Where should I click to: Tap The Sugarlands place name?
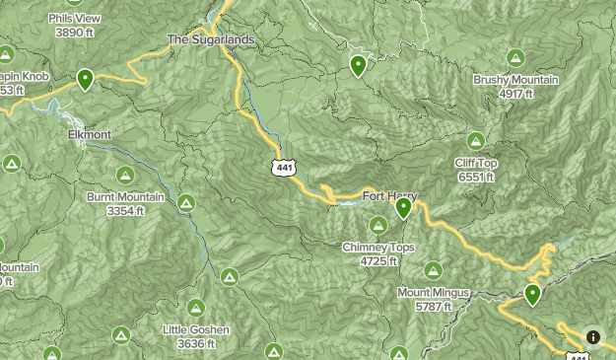tap(210, 39)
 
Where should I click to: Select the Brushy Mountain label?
tap(515, 80)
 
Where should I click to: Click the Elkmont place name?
tap(90, 134)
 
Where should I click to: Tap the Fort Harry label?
tap(384, 194)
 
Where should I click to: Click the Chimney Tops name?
tap(378, 248)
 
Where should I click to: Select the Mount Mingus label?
tap(434, 293)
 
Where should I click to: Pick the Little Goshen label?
tap(196, 329)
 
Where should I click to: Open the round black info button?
tap(592, 336)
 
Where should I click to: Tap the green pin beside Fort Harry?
tap(403, 208)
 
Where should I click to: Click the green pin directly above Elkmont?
tap(86, 79)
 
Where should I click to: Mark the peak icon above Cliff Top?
tap(476, 141)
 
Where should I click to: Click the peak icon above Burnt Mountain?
tap(125, 175)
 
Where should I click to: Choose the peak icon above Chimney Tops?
tap(378, 226)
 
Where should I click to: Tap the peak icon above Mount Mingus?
tap(433, 269)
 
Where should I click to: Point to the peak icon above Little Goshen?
tap(196, 307)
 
